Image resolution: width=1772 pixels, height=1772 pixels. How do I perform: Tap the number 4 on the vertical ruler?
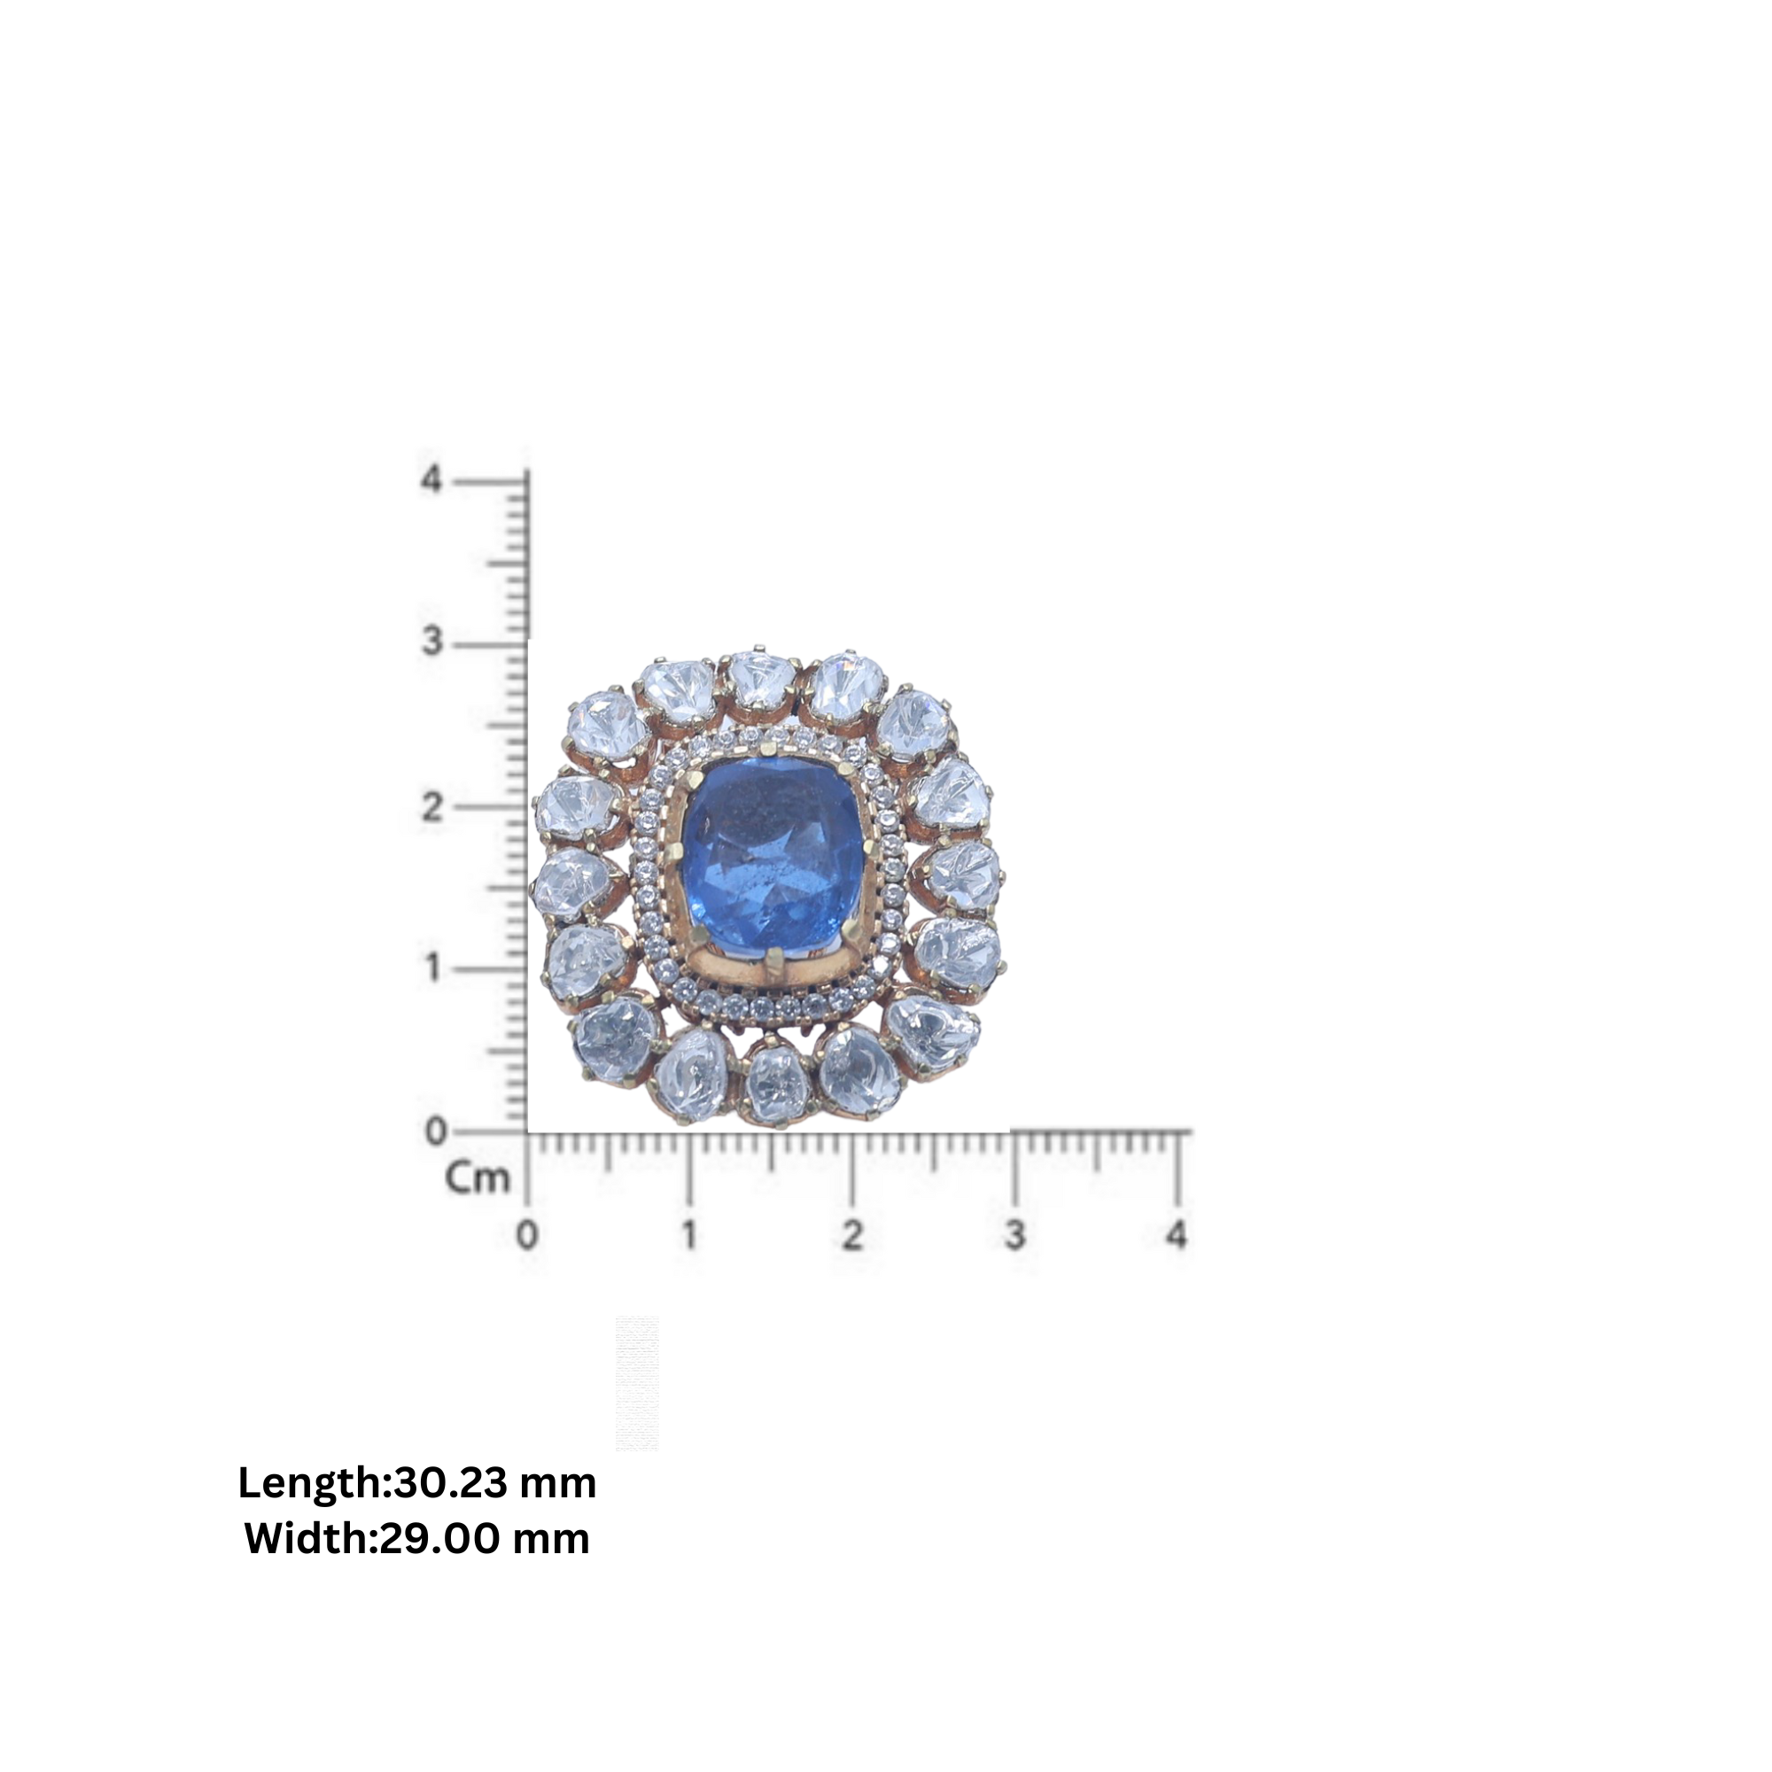tap(432, 478)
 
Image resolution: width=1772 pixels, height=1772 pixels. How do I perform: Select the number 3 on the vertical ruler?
tap(432, 642)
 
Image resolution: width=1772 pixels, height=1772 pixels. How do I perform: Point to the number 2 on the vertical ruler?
tap(432, 807)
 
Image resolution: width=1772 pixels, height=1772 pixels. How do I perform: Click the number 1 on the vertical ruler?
tap(433, 968)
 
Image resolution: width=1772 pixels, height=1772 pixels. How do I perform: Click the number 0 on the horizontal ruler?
tap(527, 1235)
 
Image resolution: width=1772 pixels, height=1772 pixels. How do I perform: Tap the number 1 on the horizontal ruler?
tap(688, 1235)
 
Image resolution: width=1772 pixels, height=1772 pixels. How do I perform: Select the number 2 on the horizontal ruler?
tap(852, 1235)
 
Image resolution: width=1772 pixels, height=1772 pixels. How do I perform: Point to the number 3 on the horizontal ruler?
tap(1014, 1235)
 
